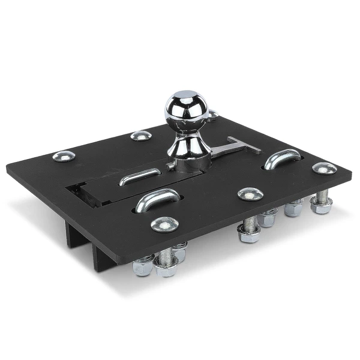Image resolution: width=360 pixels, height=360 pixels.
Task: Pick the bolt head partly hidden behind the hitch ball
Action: click(x=212, y=113)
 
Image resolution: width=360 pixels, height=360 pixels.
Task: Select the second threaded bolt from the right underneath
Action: click(x=293, y=208)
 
